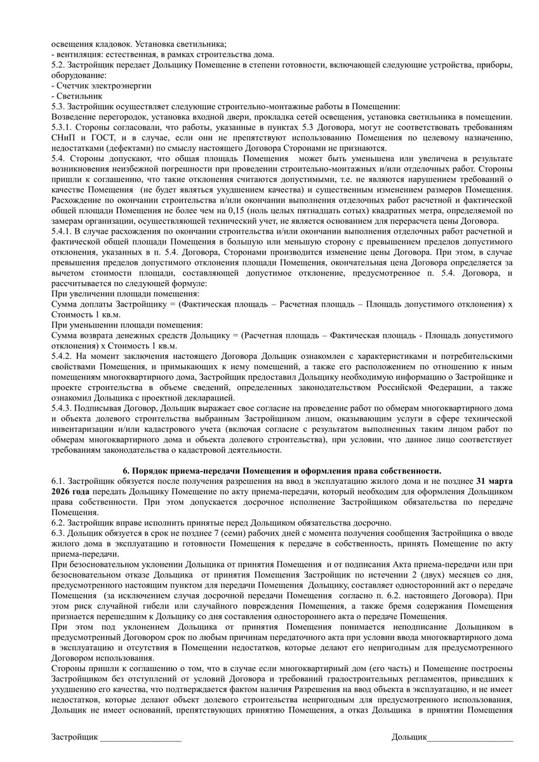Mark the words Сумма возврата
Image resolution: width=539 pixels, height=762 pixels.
coord(83,334)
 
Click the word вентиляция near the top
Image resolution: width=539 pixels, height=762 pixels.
coord(78,55)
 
